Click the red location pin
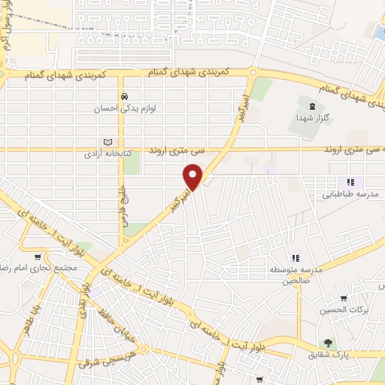tap(193, 177)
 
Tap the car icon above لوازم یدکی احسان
tap(126, 96)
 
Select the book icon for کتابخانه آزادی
tap(107, 142)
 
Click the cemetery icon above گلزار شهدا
tap(313, 102)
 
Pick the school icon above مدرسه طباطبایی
tap(350, 182)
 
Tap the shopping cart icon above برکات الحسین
tap(344, 298)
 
